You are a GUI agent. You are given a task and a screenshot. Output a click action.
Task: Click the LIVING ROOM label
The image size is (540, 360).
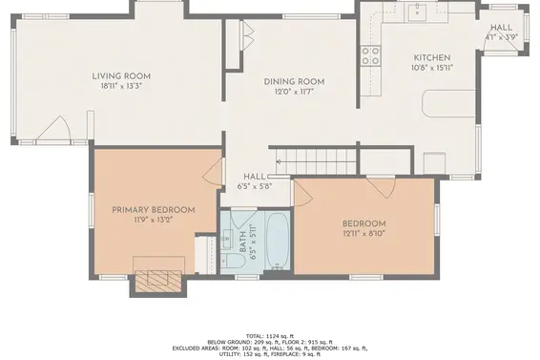point(121,76)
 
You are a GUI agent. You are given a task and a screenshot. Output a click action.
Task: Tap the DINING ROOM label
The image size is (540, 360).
point(294,82)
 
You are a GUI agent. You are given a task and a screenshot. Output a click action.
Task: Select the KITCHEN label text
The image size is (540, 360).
point(432,58)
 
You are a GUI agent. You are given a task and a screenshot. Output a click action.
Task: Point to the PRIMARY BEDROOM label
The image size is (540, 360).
point(154,210)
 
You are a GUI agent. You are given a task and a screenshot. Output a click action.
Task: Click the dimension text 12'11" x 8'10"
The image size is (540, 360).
point(364,233)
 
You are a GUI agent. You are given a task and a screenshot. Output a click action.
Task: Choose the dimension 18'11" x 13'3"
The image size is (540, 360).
point(121,86)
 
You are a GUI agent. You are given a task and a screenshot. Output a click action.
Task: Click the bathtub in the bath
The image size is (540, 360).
point(278,241)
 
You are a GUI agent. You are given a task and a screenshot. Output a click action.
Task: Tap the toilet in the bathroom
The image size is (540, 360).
point(232,261)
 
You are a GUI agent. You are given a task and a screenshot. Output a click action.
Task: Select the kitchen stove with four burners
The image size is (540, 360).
point(370,56)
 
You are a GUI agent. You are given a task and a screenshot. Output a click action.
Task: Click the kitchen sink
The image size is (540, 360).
point(417,12)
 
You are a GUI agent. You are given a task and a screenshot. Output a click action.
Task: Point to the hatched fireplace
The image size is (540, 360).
point(158,282)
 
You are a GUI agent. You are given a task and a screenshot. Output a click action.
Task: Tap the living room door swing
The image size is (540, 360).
point(54,129)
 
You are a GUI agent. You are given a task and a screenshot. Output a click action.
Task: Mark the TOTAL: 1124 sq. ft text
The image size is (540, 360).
point(270,336)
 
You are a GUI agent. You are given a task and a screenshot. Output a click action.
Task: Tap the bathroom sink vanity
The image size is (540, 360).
point(227,239)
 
